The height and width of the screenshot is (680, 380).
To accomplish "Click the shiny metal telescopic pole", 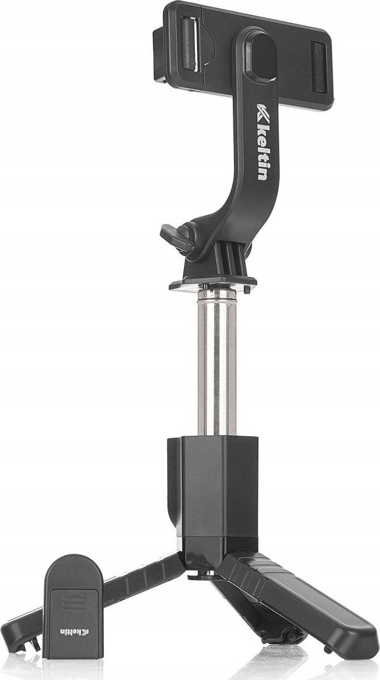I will (x=215, y=364).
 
